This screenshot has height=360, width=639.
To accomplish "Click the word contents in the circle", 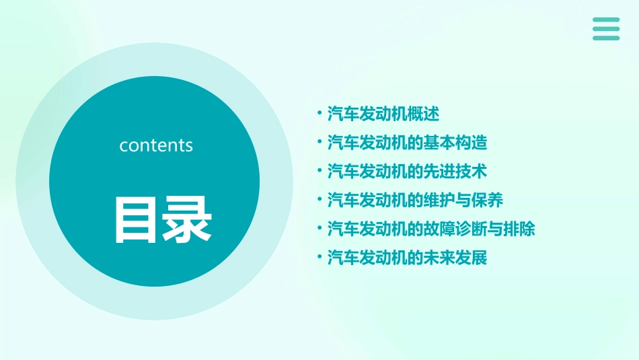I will click(156, 145).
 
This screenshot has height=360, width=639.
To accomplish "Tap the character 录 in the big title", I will click(188, 219).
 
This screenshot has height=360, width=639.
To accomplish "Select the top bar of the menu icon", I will click(606, 20).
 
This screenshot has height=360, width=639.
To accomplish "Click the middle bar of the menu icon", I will click(606, 29).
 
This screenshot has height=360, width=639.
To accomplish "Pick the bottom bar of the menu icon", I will click(606, 38).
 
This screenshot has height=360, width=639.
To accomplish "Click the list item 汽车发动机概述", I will click(383, 114).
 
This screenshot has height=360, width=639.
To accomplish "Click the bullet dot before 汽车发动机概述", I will click(319, 114).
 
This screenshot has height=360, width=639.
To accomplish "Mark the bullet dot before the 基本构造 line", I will click(319, 143).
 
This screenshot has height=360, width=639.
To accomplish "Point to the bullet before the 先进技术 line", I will click(319, 172).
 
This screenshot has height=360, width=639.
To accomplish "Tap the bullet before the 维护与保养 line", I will click(319, 201).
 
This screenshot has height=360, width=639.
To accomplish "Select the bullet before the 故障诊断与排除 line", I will click(319, 229).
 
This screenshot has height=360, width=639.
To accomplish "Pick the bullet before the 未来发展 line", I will click(319, 258).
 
